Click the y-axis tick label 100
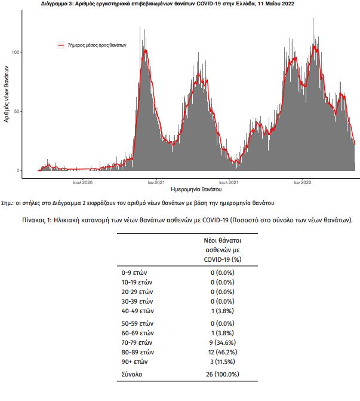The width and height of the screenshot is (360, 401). (x=16, y=52)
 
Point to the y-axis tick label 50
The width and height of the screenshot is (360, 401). (x=16, y=112)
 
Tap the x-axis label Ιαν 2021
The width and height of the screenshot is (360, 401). (x=156, y=182)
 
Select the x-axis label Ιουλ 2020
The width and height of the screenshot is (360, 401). (x=83, y=182)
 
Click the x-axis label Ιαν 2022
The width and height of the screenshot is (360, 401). (x=303, y=182)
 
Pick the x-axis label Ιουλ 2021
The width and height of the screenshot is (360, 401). (x=229, y=182)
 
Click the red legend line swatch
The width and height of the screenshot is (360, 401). (x=61, y=45)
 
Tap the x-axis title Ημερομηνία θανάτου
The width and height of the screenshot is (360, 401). (x=196, y=189)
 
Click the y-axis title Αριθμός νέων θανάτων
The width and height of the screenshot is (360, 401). (x=6, y=94)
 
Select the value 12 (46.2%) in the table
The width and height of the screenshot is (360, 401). (x=223, y=352)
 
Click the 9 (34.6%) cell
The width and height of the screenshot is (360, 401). (x=223, y=342)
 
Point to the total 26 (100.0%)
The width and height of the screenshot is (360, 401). (x=223, y=374)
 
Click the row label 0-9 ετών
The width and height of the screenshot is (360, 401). (x=134, y=273)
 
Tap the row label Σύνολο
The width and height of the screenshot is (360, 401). (x=132, y=374)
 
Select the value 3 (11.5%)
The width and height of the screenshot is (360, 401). (x=223, y=362)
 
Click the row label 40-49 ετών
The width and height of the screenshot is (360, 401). (x=137, y=311)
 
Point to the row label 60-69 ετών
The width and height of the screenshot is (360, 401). (x=137, y=333)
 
